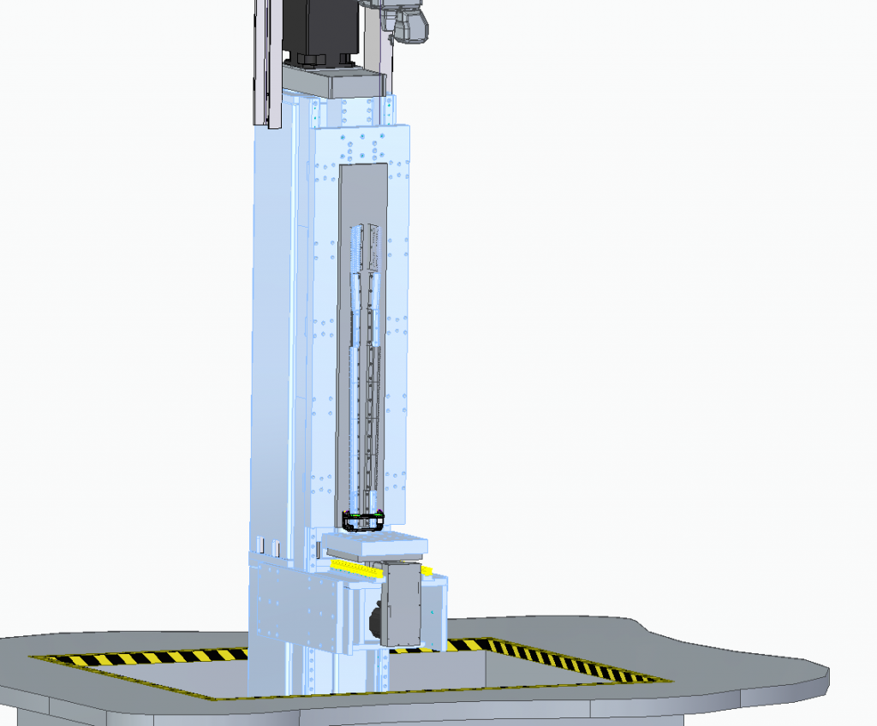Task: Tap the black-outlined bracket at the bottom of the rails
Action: pyautogui.click(x=362, y=521)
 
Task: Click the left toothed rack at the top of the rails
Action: pyautogui.click(x=357, y=248)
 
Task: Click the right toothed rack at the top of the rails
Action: pyautogui.click(x=374, y=248)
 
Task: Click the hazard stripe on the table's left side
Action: pyautogui.click(x=137, y=658)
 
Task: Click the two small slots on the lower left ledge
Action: pyautogui.click(x=269, y=545)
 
